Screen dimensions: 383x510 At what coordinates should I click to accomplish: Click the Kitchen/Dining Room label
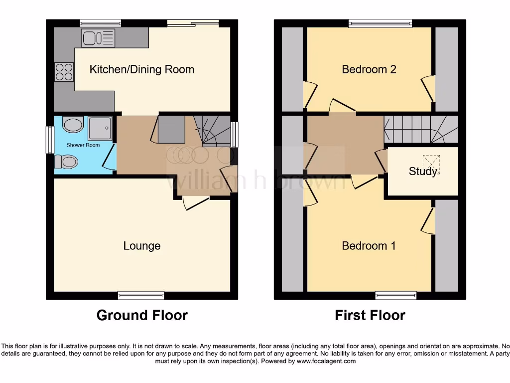pyautogui.click(x=141, y=69)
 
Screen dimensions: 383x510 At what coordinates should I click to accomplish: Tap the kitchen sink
pyautogui.click(x=98, y=38)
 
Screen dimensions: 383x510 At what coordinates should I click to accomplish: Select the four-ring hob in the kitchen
pyautogui.click(x=63, y=71)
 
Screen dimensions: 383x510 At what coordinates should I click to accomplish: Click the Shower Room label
pyautogui.click(x=83, y=145)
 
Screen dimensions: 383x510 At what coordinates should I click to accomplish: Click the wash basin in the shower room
pyautogui.click(x=74, y=125)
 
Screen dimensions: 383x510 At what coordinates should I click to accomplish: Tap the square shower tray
pyautogui.click(x=101, y=128)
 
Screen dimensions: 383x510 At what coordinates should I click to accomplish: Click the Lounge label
pyautogui.click(x=142, y=246)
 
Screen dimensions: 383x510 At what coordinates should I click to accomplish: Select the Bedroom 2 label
pyautogui.click(x=369, y=69)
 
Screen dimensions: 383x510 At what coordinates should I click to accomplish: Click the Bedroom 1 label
pyautogui.click(x=369, y=246)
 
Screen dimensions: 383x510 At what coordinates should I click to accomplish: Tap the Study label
pyautogui.click(x=423, y=172)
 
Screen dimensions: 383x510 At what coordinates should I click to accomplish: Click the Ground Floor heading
pyautogui.click(x=142, y=315)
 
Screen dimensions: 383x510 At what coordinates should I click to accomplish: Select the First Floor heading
pyautogui.click(x=370, y=315)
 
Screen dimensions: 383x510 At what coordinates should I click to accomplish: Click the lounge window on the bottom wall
pyautogui.click(x=141, y=295)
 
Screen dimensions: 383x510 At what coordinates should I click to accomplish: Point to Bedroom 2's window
pyautogui.click(x=381, y=23)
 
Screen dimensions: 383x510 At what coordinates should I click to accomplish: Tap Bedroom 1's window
pyautogui.click(x=396, y=295)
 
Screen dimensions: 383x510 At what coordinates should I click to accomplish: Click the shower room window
pyautogui.click(x=50, y=139)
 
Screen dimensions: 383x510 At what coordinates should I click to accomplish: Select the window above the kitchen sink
pyautogui.click(x=101, y=23)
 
